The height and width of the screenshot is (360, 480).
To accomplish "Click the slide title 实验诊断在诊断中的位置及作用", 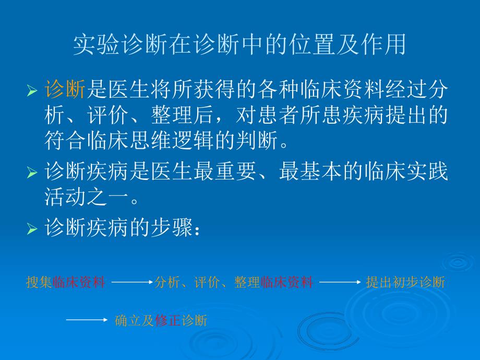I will pos(239,45).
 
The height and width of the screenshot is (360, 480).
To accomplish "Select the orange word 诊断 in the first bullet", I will pos(65,90).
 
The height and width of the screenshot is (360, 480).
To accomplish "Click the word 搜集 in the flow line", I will pos(39,282).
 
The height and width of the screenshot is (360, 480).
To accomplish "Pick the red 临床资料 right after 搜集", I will pos(79,282).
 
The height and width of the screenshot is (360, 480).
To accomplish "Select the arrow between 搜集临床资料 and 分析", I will pos(132,282).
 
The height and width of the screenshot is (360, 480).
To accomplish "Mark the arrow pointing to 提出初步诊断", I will pos(340,282).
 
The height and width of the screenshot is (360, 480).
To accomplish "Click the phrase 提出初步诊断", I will pos(405,282).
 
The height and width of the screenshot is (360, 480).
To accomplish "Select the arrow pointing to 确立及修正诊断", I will pos(87,320).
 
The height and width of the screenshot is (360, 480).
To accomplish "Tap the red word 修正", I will pos(167,320).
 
